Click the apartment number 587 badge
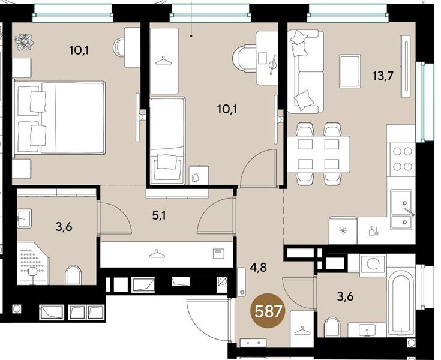click(x=268, y=311)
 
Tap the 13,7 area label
click(x=383, y=76)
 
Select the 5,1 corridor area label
click(x=159, y=216)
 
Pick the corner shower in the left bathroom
click(x=32, y=263)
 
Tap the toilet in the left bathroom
click(x=73, y=275)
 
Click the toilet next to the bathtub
click(x=332, y=327)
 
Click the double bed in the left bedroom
click(x=59, y=118)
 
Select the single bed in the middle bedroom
click(x=167, y=140)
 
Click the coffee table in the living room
click(x=350, y=71)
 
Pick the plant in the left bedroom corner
click(x=24, y=42)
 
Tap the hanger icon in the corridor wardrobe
click(x=157, y=254)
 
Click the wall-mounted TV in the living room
click(x=405, y=67)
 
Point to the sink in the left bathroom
click(x=25, y=218)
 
